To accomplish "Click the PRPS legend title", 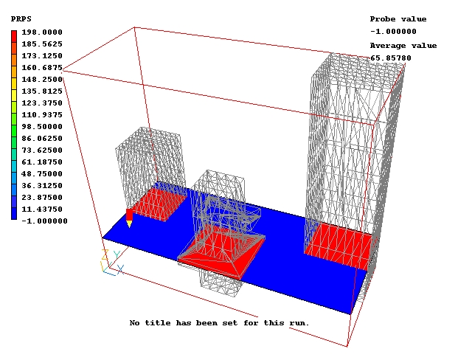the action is [x=21, y=19].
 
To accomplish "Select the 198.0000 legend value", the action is [x=42, y=32].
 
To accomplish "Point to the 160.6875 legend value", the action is [x=42, y=67].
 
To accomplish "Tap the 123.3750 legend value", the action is [x=42, y=103].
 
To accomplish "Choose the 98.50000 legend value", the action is [x=42, y=126].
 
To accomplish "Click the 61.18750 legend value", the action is [x=42, y=162].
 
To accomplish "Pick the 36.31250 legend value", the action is [x=42, y=185].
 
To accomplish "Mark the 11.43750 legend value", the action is [x=42, y=210].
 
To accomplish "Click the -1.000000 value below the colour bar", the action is [x=44, y=221].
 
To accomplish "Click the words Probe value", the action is [x=398, y=19].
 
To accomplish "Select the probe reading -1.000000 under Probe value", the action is [x=393, y=31].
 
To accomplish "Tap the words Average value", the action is [x=403, y=46].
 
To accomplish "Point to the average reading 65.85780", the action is [x=391, y=58].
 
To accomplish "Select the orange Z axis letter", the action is [x=105, y=255].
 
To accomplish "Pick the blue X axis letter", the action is [x=120, y=269].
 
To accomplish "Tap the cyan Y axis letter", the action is [x=117, y=255].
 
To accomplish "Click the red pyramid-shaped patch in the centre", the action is [x=222, y=255].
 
